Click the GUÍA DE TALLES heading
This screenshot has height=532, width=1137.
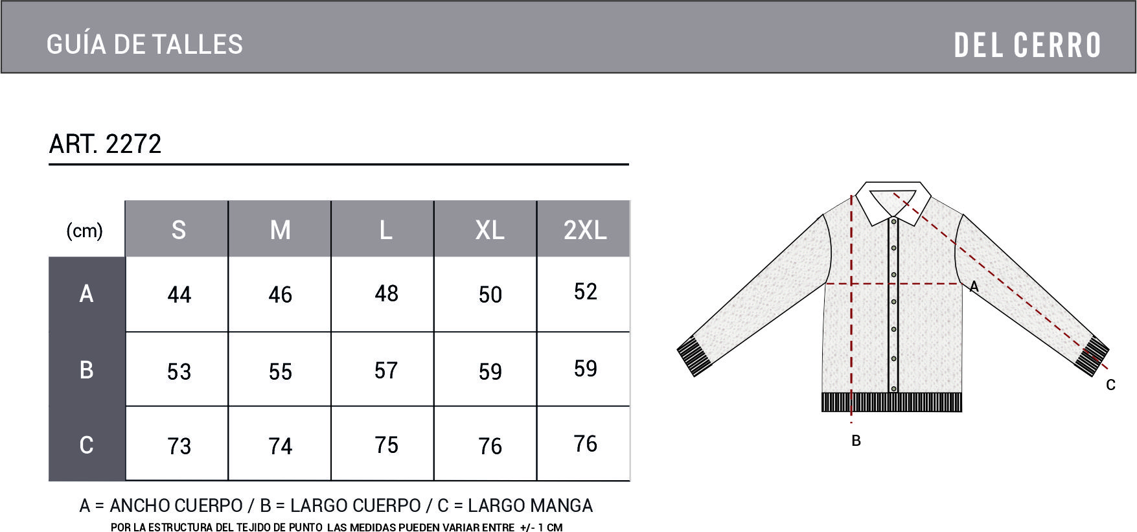coord(144,44)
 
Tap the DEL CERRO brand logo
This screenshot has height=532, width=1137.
coord(1028,45)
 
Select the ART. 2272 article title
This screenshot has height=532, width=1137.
coord(105,144)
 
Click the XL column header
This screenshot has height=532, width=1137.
coord(490,230)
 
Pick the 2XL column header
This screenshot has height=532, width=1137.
coord(585,230)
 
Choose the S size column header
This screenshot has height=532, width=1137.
coord(179,230)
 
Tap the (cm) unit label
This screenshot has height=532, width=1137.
coord(84,231)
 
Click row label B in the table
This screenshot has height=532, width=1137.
coord(86,369)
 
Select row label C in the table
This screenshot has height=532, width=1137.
coord(86,445)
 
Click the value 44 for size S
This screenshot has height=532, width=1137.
coord(179,295)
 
